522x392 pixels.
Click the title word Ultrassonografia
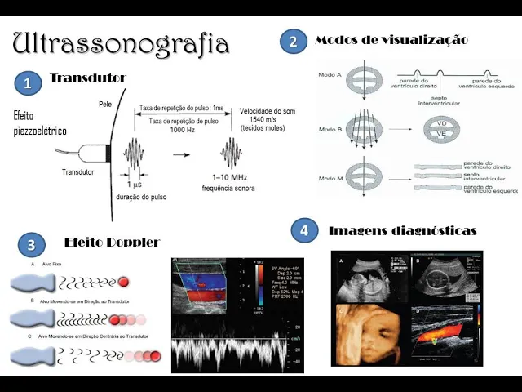pos(122,42)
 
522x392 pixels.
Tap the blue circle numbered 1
pos(28,82)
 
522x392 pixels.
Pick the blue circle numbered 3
pos(31,244)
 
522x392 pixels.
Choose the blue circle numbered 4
pos(304,231)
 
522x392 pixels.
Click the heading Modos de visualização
pos(391,39)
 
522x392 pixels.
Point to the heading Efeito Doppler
pos(111,242)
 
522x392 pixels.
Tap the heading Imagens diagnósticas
pos(402,231)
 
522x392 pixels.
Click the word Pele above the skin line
pos(105,104)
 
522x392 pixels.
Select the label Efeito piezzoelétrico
pos(40,123)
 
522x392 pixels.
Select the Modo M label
pos(329,174)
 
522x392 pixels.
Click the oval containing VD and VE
pos(441,130)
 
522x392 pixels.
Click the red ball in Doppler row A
pos(123,282)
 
